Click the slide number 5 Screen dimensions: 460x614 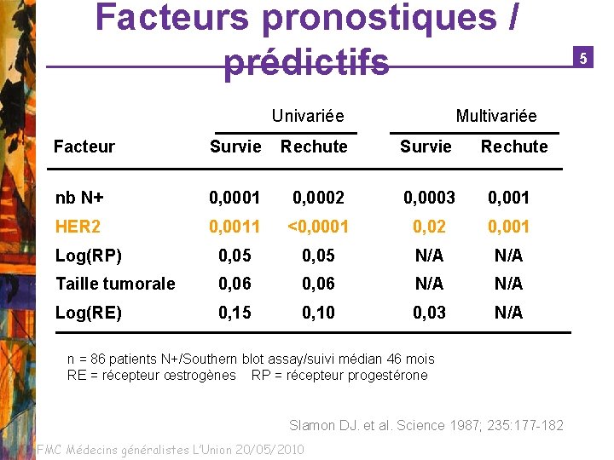pyautogui.click(x=583, y=58)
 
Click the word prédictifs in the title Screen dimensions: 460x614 pyautogui.click(x=306, y=62)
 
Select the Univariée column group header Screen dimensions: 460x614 pyautogui.click(x=308, y=116)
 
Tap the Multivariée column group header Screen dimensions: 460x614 pyautogui.click(x=496, y=116)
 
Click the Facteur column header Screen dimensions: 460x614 pyautogui.click(x=84, y=147)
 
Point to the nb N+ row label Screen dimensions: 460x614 pyautogui.click(x=79, y=198)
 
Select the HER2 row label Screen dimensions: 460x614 pyautogui.click(x=78, y=227)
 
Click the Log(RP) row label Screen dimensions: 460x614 pyautogui.click(x=89, y=256)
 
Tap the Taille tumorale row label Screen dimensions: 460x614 pyautogui.click(x=115, y=284)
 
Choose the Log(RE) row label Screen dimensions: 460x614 pyautogui.click(x=89, y=313)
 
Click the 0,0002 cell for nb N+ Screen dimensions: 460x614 pyautogui.click(x=318, y=198)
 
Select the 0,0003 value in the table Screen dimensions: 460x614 pyautogui.click(x=429, y=198)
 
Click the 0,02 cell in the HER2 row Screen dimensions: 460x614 pyautogui.click(x=429, y=227)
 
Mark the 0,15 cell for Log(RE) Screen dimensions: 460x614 pyautogui.click(x=235, y=313)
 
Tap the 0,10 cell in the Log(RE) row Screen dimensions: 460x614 pyautogui.click(x=318, y=313)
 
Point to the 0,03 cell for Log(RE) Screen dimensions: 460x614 pyautogui.click(x=429, y=313)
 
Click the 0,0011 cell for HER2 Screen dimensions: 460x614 pyautogui.click(x=235, y=227)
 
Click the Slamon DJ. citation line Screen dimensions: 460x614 pyautogui.click(x=426, y=425)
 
